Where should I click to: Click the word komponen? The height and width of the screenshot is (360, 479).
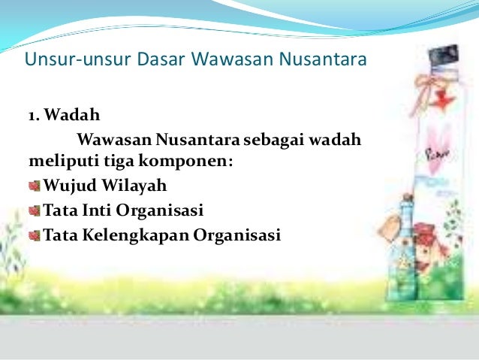(170, 160)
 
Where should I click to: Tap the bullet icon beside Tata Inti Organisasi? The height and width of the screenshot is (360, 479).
(35, 210)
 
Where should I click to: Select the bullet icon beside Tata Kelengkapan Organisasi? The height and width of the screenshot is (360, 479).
(35, 236)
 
